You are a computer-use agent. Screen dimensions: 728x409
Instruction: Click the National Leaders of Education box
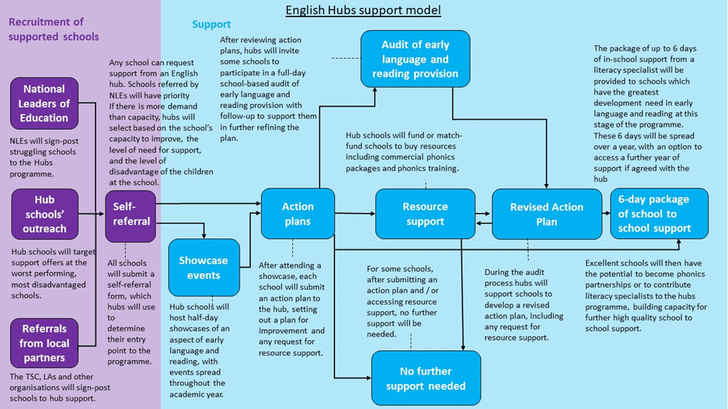[x=44, y=103]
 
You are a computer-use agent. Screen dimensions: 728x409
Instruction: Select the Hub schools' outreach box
[x=45, y=213]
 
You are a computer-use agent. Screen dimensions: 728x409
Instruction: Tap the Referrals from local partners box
[x=44, y=343]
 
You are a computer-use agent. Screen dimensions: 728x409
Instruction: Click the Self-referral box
[x=131, y=216]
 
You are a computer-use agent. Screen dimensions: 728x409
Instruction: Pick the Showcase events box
[x=204, y=267]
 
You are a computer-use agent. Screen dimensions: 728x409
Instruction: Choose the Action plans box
[x=297, y=213]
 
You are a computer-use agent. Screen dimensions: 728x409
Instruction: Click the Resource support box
[x=425, y=213]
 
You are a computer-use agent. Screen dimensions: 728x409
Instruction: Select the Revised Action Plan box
[x=546, y=213]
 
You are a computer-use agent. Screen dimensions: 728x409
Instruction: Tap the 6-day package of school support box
[x=659, y=213]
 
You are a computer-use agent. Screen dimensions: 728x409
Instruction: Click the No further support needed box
[x=426, y=378]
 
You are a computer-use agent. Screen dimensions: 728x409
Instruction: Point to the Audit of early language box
[x=415, y=59]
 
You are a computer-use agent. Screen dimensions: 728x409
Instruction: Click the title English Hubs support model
[x=363, y=10]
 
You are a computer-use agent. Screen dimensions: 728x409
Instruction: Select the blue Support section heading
[x=211, y=24]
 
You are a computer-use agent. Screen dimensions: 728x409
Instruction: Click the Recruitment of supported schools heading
[x=53, y=29]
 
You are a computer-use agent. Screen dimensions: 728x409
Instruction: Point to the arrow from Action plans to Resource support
[x=355, y=213]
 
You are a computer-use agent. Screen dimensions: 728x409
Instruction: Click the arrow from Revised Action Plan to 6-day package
[x=607, y=213]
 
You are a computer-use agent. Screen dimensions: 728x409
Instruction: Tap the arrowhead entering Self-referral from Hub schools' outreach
[x=101, y=213]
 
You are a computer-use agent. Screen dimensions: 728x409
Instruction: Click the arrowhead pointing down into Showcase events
[x=204, y=235]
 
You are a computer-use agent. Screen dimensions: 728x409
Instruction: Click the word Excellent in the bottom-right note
[x=603, y=263]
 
